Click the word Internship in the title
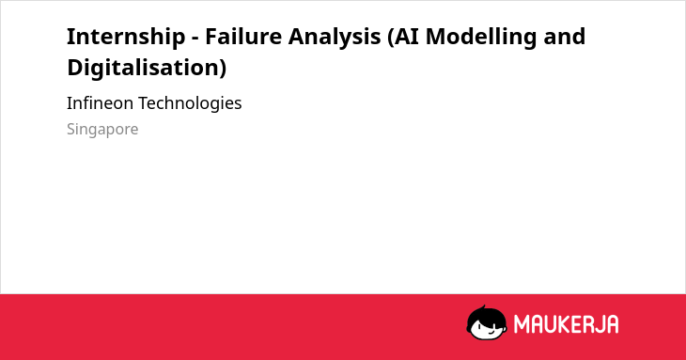(x=126, y=37)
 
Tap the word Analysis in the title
(x=335, y=38)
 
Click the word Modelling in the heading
(x=481, y=38)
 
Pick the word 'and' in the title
(x=565, y=36)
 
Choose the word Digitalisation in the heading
(x=144, y=68)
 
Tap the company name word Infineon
(x=100, y=103)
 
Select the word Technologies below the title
(x=190, y=104)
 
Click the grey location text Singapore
(x=102, y=130)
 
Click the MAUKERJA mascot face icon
(x=487, y=322)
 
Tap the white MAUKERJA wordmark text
(x=566, y=324)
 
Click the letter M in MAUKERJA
(x=522, y=324)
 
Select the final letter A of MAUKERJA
(x=611, y=324)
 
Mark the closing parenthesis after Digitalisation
(x=224, y=69)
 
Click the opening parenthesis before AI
(x=390, y=38)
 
